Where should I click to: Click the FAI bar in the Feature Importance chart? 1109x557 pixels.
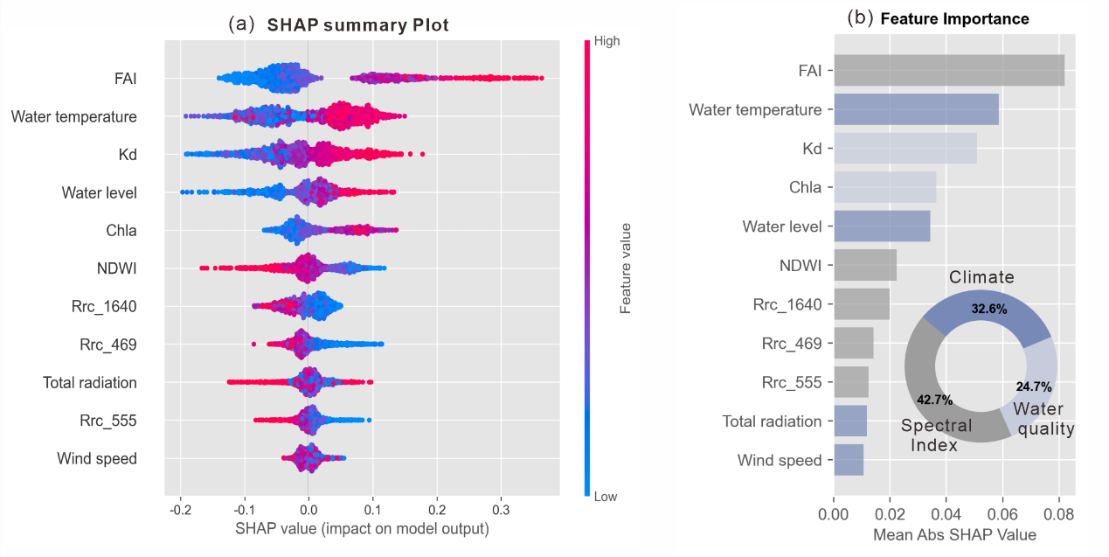tap(948, 71)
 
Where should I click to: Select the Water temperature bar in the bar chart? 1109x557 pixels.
tap(916, 110)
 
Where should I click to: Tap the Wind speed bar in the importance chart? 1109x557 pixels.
tap(849, 460)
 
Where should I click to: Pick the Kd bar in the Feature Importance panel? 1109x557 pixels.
tap(905, 149)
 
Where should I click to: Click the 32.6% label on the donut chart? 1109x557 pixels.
tap(988, 309)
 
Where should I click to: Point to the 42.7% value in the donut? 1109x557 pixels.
tap(934, 400)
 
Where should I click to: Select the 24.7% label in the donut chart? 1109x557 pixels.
tap(1033, 386)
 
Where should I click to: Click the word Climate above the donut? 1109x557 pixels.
tap(981, 278)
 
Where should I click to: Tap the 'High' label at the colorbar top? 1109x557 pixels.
tap(606, 40)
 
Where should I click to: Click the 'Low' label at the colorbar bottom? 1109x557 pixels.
tap(605, 497)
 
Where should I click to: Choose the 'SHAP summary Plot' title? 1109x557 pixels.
tap(357, 25)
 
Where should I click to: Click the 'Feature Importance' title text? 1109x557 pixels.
tap(954, 18)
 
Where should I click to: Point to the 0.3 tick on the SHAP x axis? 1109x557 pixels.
tap(501, 509)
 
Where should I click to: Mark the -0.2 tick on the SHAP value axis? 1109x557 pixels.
tap(178, 509)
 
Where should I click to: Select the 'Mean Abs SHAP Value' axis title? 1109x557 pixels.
tap(955, 534)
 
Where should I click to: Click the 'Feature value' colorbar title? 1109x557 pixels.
tap(626, 268)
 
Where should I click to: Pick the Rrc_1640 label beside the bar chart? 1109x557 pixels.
tap(787, 304)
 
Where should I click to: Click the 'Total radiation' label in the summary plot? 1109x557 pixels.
tap(90, 382)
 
